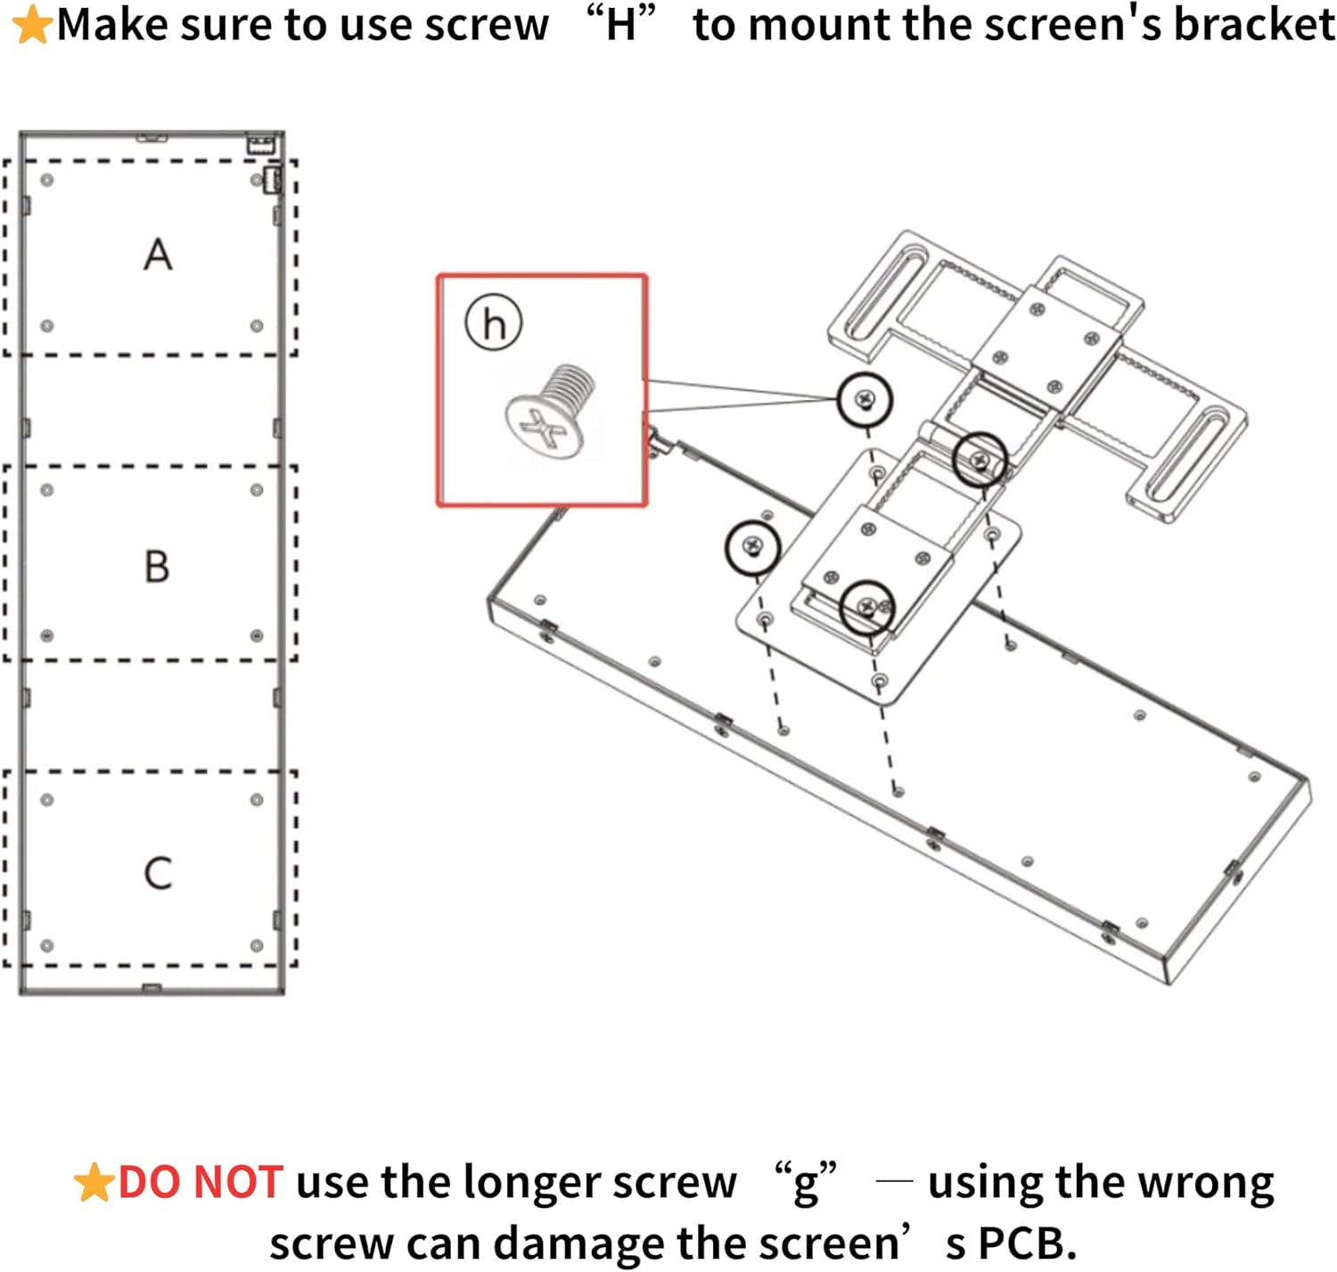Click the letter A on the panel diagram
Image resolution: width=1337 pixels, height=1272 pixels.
tap(158, 255)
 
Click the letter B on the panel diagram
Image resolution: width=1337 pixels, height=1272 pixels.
tap(157, 566)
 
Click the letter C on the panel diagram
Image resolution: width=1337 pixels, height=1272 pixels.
tap(158, 873)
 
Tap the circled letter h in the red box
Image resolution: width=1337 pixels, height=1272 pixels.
tap(494, 322)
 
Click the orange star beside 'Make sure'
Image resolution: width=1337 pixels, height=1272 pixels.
tap(32, 25)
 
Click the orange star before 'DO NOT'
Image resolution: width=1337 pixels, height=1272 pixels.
tap(93, 1183)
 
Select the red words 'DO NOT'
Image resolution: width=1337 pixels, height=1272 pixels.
tap(201, 1183)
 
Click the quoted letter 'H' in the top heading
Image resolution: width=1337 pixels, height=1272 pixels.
tap(620, 25)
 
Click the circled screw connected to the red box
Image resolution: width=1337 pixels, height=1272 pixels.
tap(864, 399)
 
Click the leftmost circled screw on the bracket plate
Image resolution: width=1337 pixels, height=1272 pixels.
tap(752, 546)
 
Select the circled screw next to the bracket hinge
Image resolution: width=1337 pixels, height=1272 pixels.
tap(980, 460)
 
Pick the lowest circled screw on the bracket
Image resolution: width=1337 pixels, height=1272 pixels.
tap(867, 607)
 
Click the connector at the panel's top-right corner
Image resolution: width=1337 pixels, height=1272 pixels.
tap(261, 144)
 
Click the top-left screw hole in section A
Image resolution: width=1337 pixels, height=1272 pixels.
tap(47, 180)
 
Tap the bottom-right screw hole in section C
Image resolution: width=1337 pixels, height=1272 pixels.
tap(257, 946)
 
